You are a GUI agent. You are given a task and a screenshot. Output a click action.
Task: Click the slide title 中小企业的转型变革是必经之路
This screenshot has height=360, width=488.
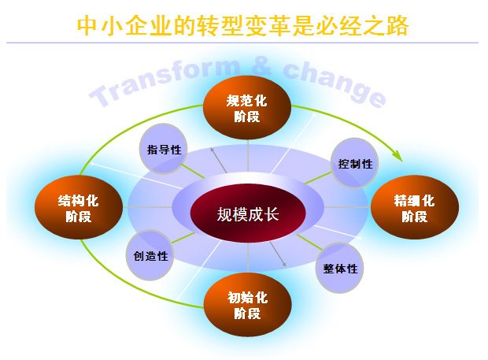point(242,26)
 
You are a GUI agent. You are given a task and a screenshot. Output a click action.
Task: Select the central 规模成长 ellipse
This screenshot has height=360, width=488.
point(248,213)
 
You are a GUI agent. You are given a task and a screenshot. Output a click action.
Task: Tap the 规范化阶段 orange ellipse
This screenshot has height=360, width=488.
point(247,107)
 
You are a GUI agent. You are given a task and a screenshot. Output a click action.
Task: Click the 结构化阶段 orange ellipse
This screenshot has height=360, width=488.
point(79,207)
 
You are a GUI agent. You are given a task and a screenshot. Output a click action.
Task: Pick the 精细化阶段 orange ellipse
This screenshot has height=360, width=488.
point(415,207)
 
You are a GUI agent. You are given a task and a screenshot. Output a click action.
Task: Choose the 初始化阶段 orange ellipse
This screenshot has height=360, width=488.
point(248,305)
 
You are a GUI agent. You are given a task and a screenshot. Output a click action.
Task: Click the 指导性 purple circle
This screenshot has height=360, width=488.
point(163,149)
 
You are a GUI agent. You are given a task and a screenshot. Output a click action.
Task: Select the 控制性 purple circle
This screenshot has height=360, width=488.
point(354,163)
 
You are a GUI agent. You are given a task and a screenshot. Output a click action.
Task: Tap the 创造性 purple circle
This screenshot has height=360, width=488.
point(150,255)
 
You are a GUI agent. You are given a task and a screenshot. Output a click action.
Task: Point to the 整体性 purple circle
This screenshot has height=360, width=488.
point(339,268)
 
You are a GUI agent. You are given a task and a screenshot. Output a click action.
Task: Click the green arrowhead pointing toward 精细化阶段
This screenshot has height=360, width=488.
point(397,156)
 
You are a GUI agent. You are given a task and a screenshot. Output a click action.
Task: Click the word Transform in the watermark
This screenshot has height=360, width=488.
point(165,81)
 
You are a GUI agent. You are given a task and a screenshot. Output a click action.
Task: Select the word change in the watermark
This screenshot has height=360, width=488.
point(335,84)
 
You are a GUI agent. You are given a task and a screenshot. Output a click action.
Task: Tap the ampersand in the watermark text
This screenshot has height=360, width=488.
point(261,66)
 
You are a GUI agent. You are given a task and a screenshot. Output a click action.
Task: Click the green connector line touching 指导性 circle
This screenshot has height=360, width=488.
point(193,171)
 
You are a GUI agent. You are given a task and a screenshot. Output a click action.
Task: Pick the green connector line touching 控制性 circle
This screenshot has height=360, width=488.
point(318,178)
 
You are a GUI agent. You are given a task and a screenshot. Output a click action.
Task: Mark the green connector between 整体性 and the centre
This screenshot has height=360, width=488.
point(309,243)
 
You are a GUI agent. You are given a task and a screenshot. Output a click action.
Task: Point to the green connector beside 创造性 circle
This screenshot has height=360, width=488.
point(183,238)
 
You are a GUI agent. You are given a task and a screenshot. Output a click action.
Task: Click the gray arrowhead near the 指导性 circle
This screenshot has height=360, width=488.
point(213,150)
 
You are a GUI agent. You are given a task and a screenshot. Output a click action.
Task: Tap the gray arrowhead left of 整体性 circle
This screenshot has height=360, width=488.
point(284,265)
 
